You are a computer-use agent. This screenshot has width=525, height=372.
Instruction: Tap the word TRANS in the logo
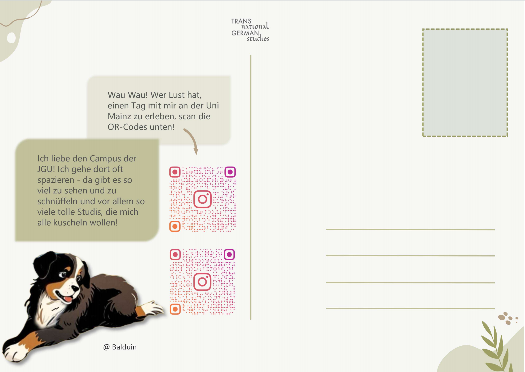pos(241,21)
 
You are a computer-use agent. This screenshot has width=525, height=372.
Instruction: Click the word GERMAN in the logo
pos(245,33)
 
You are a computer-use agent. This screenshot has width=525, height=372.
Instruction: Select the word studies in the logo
pos(258,39)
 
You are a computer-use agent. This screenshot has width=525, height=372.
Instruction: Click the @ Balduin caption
pos(120,347)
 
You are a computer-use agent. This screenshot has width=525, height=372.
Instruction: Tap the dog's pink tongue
pos(67,299)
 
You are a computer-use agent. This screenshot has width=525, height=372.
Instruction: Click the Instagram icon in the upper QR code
pos(202,199)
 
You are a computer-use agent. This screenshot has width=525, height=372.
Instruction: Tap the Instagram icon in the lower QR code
pos(202,282)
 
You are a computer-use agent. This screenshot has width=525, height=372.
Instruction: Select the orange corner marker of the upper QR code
pos(175,226)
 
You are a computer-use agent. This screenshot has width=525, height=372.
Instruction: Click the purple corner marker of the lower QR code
pos(229,255)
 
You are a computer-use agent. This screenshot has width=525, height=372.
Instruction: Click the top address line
pos(410,229)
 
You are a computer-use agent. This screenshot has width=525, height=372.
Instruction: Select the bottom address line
pos(410,308)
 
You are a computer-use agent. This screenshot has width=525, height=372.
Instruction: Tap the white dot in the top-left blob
pos(11,38)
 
